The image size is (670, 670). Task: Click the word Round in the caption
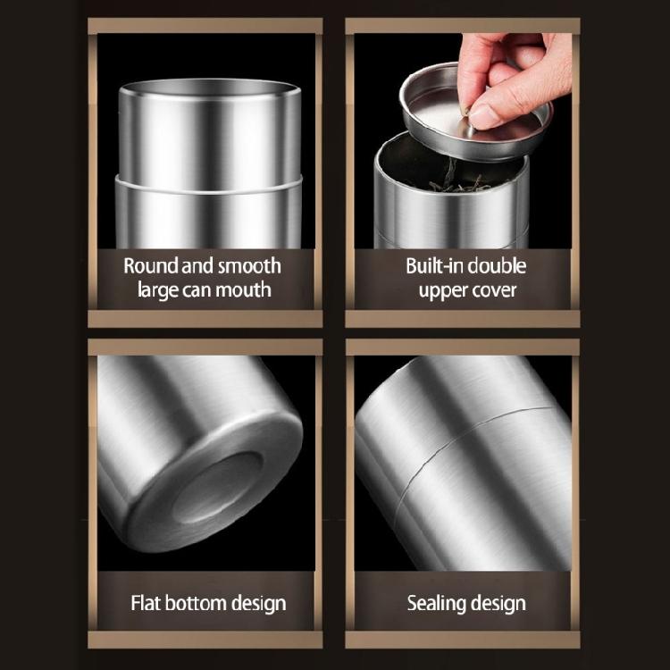tap(148, 265)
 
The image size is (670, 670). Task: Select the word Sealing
tap(438, 603)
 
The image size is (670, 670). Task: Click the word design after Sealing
tap(498, 603)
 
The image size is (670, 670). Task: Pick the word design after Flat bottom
tap(259, 603)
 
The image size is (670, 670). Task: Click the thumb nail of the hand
tap(487, 114)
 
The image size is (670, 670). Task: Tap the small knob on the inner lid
tap(464, 112)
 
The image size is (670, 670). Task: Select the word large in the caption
tap(157, 289)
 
